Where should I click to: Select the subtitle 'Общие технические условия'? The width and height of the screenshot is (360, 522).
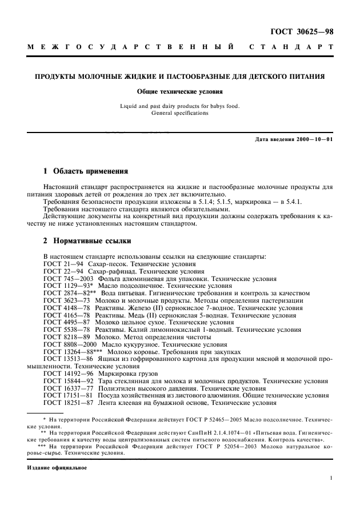point(179,91)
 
